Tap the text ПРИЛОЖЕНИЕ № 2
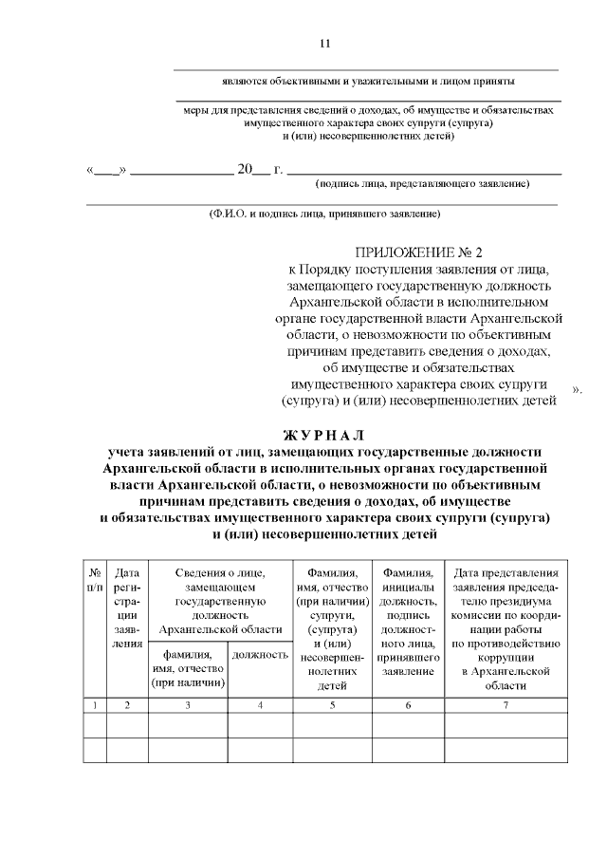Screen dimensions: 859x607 (419, 253)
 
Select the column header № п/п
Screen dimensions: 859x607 (95, 580)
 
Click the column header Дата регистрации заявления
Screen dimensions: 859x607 (126, 607)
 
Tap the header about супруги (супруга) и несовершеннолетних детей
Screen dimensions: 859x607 (331, 627)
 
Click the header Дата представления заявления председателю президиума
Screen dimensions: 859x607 (506, 627)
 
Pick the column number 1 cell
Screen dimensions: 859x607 (95, 704)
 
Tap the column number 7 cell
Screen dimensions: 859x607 (506, 704)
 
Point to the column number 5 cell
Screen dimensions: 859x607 (331, 704)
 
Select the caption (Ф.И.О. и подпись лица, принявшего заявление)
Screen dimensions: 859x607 (324, 214)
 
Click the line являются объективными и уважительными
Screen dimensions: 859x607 (364, 82)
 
